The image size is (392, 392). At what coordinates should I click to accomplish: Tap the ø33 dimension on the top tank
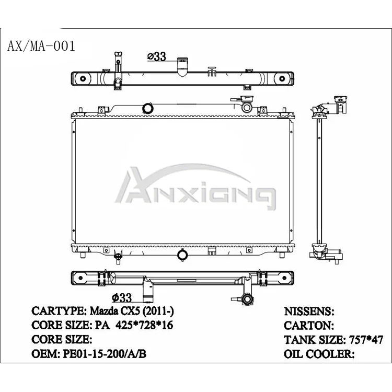(x=156, y=56)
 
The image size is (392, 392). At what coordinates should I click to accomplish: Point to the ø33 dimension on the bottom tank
(x=121, y=298)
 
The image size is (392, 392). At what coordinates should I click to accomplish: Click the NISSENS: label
(x=309, y=312)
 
